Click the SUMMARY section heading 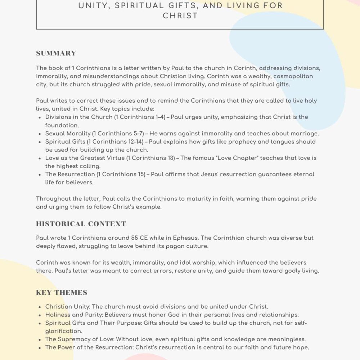tap(56, 54)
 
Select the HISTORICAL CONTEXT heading tap(81, 224)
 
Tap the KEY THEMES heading tap(62, 292)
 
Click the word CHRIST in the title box tap(180, 16)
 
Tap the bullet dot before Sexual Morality tap(39, 134)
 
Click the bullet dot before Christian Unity tap(39, 307)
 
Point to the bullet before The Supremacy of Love tap(39, 339)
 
